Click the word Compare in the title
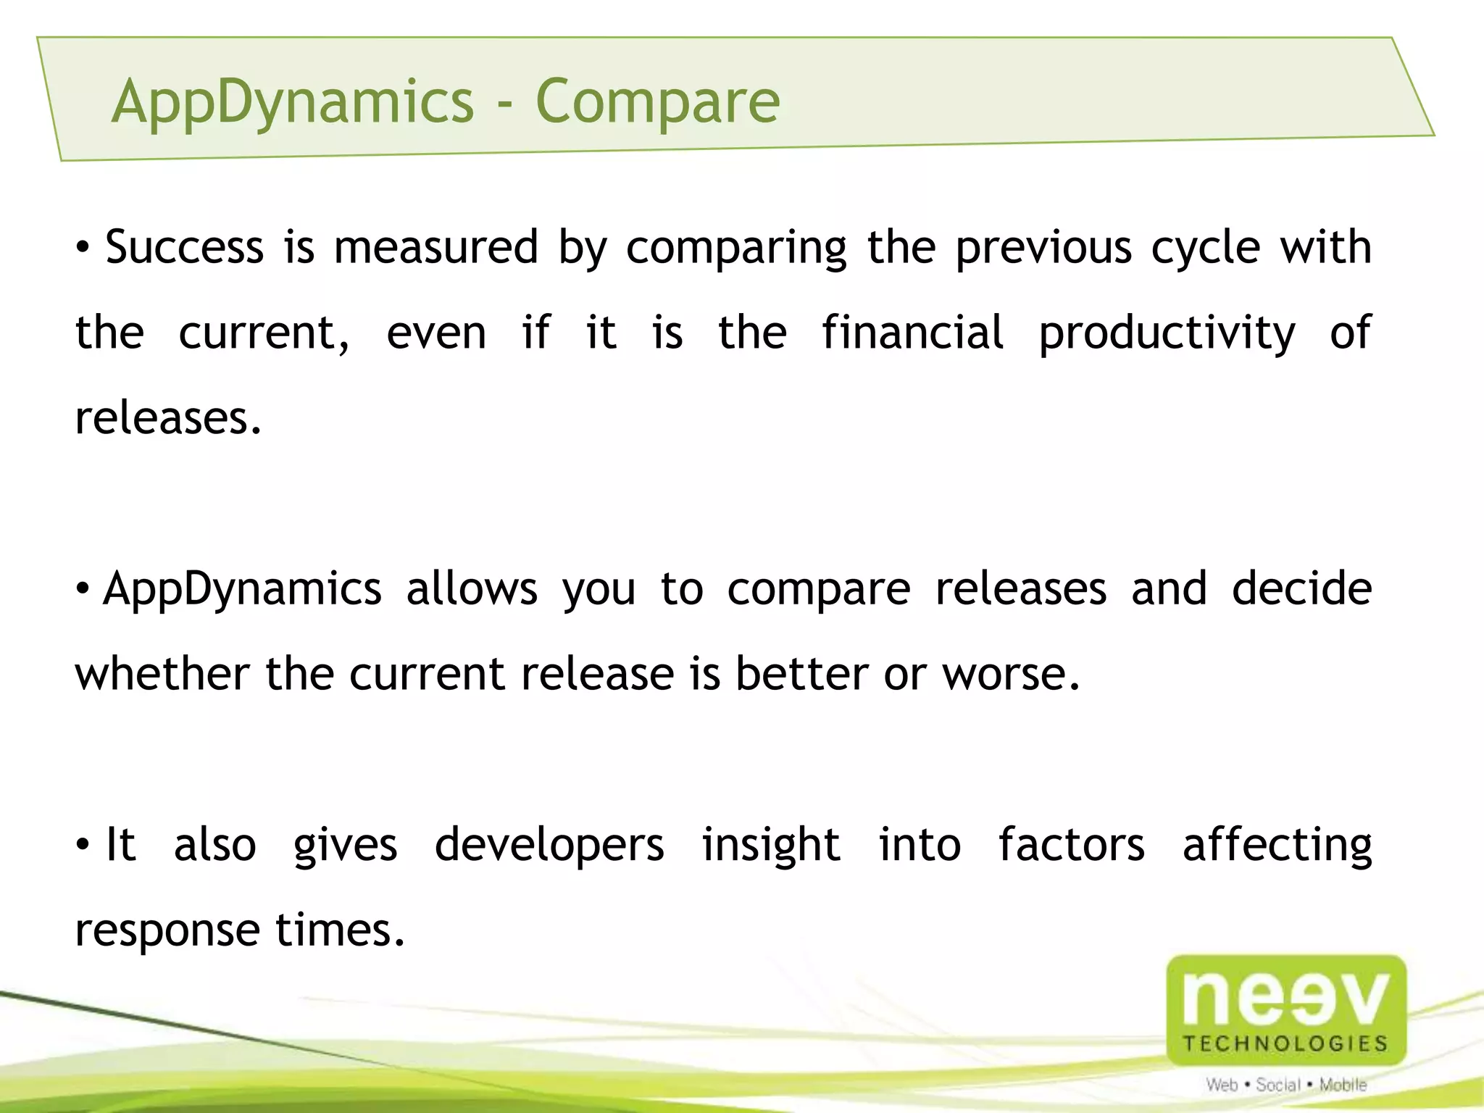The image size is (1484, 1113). point(657,101)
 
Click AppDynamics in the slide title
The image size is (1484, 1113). point(293,101)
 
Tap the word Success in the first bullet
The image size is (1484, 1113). point(184,247)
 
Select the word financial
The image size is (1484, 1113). point(912,333)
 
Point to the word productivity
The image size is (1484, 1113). point(1167,334)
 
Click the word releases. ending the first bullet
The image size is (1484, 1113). point(168,418)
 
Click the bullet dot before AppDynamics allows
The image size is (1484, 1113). point(83,588)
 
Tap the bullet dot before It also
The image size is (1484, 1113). point(83,845)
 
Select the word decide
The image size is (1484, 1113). point(1301,588)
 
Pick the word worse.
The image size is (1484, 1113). point(1010,674)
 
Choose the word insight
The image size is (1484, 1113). point(770,845)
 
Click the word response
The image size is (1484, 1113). point(167,930)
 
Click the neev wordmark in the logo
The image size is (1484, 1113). point(1286,999)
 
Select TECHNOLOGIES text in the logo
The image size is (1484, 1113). point(1285,1043)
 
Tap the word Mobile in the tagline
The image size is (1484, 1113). point(1343,1085)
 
